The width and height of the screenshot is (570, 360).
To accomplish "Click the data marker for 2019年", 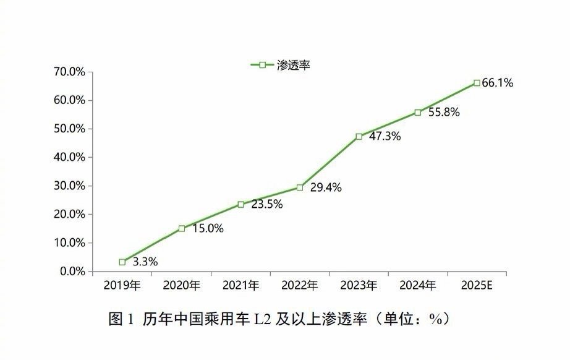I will pyautogui.click(x=122, y=262).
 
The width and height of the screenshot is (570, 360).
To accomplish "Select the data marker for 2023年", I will pyautogui.click(x=359, y=136).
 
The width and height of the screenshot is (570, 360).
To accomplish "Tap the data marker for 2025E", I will pyautogui.click(x=477, y=82).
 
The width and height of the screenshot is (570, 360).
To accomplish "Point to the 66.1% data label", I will pyautogui.click(x=498, y=83).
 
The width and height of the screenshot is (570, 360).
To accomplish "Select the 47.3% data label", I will pyautogui.click(x=385, y=137).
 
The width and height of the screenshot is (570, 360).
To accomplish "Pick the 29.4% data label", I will pyautogui.click(x=326, y=188).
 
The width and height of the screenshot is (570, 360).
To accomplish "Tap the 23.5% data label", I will pyautogui.click(x=267, y=205).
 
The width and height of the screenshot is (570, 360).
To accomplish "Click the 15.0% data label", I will pyautogui.click(x=208, y=229).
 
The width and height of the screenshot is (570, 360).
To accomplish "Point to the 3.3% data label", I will pyautogui.click(x=145, y=262).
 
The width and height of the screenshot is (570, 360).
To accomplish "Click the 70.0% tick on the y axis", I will pyautogui.click(x=69, y=72).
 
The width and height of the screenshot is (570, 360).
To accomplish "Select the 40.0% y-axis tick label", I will pyautogui.click(x=69, y=157).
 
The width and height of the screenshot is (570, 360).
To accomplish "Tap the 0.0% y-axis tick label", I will pyautogui.click(x=72, y=272).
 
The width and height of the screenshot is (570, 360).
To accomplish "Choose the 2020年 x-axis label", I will pyautogui.click(x=181, y=286).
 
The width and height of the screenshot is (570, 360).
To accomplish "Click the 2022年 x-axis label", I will pyautogui.click(x=299, y=286).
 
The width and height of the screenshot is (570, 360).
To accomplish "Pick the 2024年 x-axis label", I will pyautogui.click(x=417, y=286).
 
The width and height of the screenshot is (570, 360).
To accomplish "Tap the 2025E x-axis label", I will pyautogui.click(x=477, y=286).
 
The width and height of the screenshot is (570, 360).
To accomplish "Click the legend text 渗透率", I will pyautogui.click(x=291, y=65).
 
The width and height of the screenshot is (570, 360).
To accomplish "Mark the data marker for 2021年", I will pyautogui.click(x=240, y=204).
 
